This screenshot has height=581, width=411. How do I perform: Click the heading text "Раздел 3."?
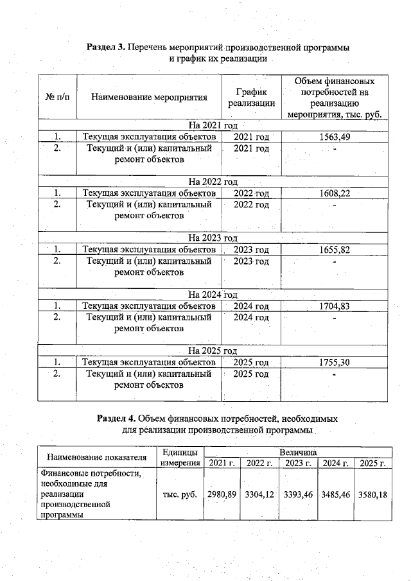[x=106, y=48]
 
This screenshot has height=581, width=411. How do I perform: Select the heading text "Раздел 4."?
[x=116, y=418]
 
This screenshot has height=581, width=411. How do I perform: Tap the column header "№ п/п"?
[x=58, y=98]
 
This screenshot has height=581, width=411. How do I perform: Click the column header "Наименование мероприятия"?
[x=150, y=98]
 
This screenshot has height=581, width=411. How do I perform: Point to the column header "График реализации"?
[x=251, y=98]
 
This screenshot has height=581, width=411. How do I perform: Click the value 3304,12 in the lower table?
[x=260, y=494]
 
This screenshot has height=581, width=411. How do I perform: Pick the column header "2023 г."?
[x=298, y=464]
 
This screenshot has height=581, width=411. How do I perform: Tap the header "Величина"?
[x=297, y=452]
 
